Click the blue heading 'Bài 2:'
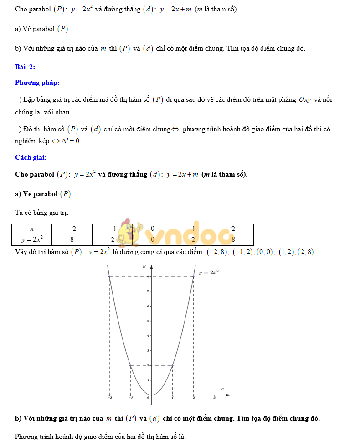[25, 67]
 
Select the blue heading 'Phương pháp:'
[37, 83]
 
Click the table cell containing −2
[72, 229]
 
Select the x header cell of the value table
[32, 229]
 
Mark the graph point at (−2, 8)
[109, 276]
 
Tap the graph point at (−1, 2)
[131, 365]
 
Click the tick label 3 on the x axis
[215, 398]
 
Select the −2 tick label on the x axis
[109, 398]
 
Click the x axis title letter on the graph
[222, 389]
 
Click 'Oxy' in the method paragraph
[305, 99]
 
